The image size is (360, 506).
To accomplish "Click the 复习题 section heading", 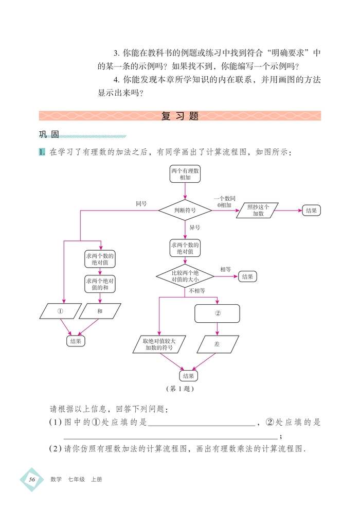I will (179, 116).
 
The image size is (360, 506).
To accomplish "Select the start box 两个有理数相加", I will (185, 174).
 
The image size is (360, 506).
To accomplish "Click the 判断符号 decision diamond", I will (185, 211).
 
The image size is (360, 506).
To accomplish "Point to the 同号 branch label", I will (141, 204).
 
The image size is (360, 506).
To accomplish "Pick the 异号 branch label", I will (195, 227).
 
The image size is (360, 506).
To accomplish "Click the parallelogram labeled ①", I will (60, 311).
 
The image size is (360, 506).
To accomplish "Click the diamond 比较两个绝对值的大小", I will (185, 276).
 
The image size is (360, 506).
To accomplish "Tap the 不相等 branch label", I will (196, 291).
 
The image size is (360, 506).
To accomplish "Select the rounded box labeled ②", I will (217, 313).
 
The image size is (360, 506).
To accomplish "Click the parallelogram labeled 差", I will (217, 344).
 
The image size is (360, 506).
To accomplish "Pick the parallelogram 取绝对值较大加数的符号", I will (159, 344).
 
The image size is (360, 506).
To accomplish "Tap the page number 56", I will (32, 479).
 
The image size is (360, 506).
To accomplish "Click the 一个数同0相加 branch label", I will (224, 201).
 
